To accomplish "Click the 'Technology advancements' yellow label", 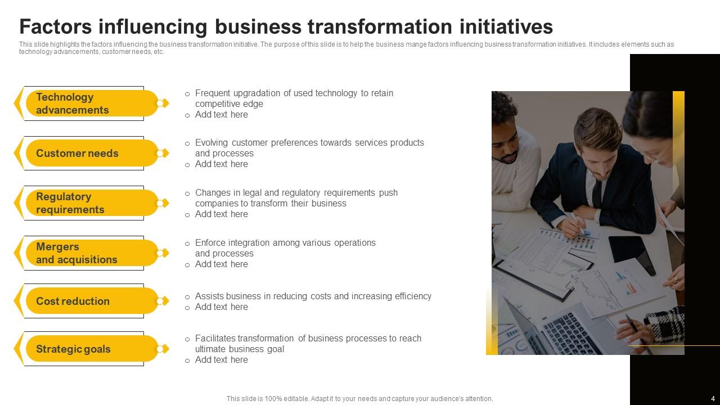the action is (92, 103).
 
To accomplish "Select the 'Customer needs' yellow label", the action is (92, 153).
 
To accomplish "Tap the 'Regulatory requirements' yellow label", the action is (92, 203).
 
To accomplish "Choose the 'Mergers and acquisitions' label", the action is (92, 253).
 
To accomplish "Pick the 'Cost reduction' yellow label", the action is (92, 301).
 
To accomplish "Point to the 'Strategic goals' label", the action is (92, 349).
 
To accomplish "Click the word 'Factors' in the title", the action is (56, 26).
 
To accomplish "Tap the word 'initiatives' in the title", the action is (506, 26).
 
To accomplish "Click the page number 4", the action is (713, 399).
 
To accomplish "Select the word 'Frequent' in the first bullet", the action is (213, 93).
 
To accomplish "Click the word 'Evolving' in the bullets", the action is (211, 143).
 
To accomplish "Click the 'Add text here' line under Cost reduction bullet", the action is (222, 307).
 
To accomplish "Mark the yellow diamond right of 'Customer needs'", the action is (165, 154).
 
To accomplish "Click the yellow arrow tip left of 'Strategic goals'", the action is (14, 349).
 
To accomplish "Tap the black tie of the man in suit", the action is (597, 194).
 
